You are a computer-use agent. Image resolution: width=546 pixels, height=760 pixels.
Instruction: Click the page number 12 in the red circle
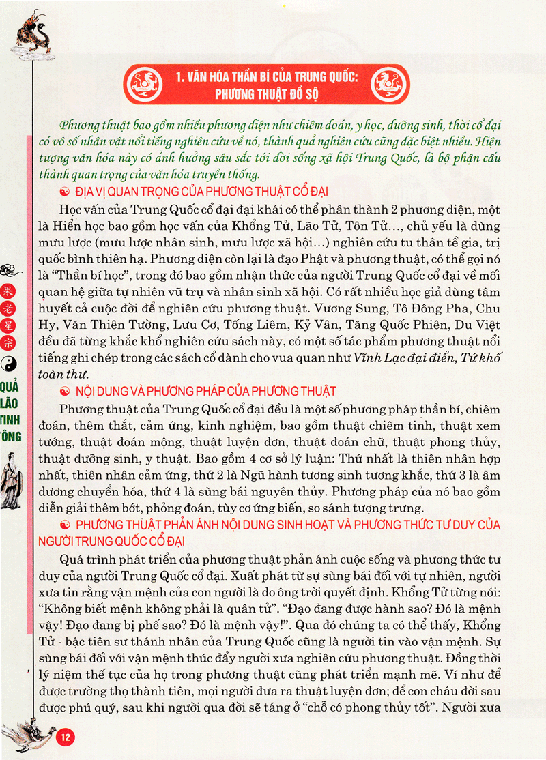[x=66, y=737]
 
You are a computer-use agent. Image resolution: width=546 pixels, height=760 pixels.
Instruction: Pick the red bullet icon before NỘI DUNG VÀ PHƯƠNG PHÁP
[x=66, y=392]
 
